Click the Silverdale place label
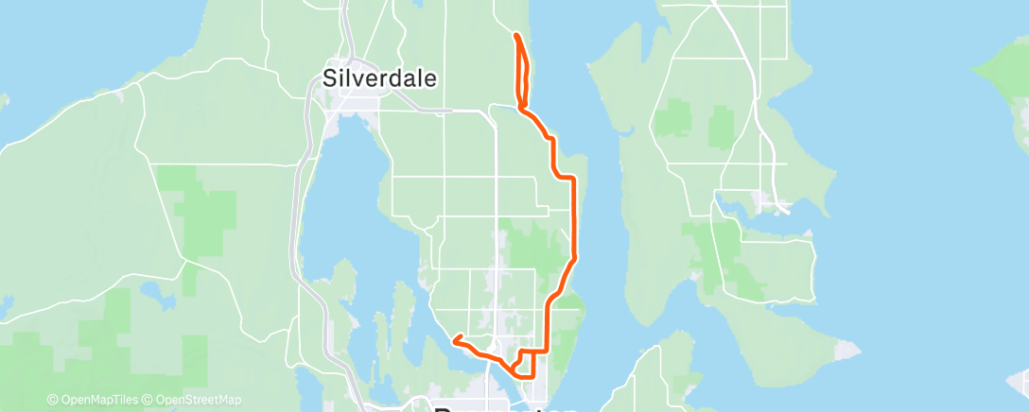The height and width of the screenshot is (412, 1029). (379, 77)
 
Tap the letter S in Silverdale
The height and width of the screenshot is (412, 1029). (330, 77)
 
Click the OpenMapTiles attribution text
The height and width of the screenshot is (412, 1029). (95, 400)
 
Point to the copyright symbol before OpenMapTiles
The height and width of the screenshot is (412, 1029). (52, 400)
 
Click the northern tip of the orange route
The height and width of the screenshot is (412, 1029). (515, 35)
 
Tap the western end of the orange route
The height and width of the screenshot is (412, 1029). (454, 337)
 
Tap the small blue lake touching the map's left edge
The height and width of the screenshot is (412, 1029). (5, 308)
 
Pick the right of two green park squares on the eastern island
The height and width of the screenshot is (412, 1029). (722, 125)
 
